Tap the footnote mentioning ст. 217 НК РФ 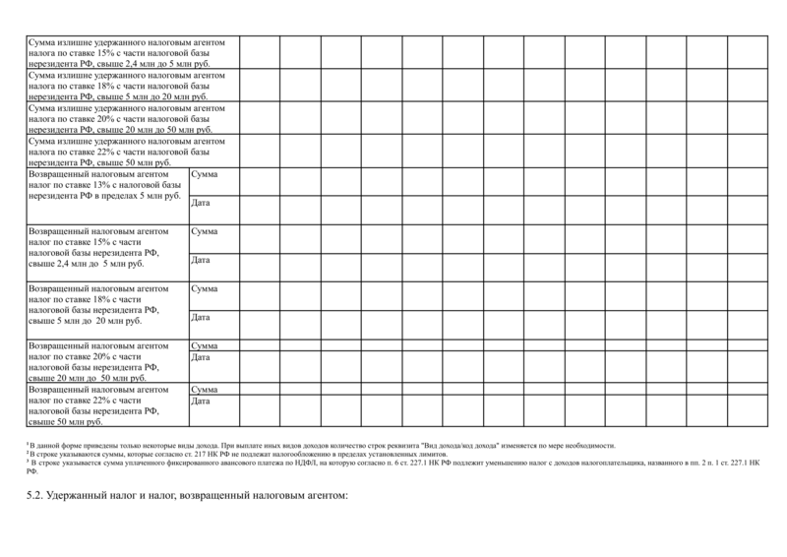tap(236, 454)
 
